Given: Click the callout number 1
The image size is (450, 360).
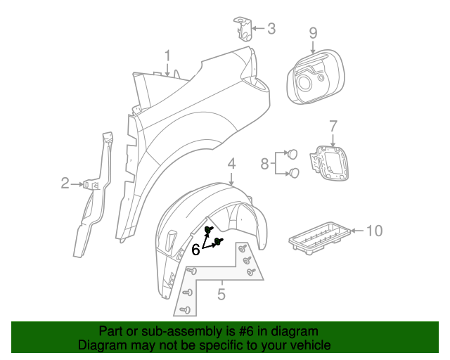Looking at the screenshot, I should click(x=168, y=55).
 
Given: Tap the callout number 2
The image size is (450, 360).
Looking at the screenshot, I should click(x=65, y=184).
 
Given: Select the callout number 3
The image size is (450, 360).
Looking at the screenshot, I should click(x=271, y=30).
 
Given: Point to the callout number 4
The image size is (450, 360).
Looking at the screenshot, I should click(x=231, y=165).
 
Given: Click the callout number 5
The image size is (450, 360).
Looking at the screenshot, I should click(x=221, y=295).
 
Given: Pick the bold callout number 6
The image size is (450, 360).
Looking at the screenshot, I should click(x=196, y=249).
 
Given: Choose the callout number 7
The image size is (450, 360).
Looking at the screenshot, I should click(x=333, y=127).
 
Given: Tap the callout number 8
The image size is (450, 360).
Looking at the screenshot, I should click(x=264, y=164).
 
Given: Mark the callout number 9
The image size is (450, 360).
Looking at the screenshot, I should click(x=313, y=32).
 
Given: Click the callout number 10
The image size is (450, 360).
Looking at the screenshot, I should click(x=374, y=231).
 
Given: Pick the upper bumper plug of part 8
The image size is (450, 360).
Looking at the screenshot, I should click(x=292, y=154).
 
